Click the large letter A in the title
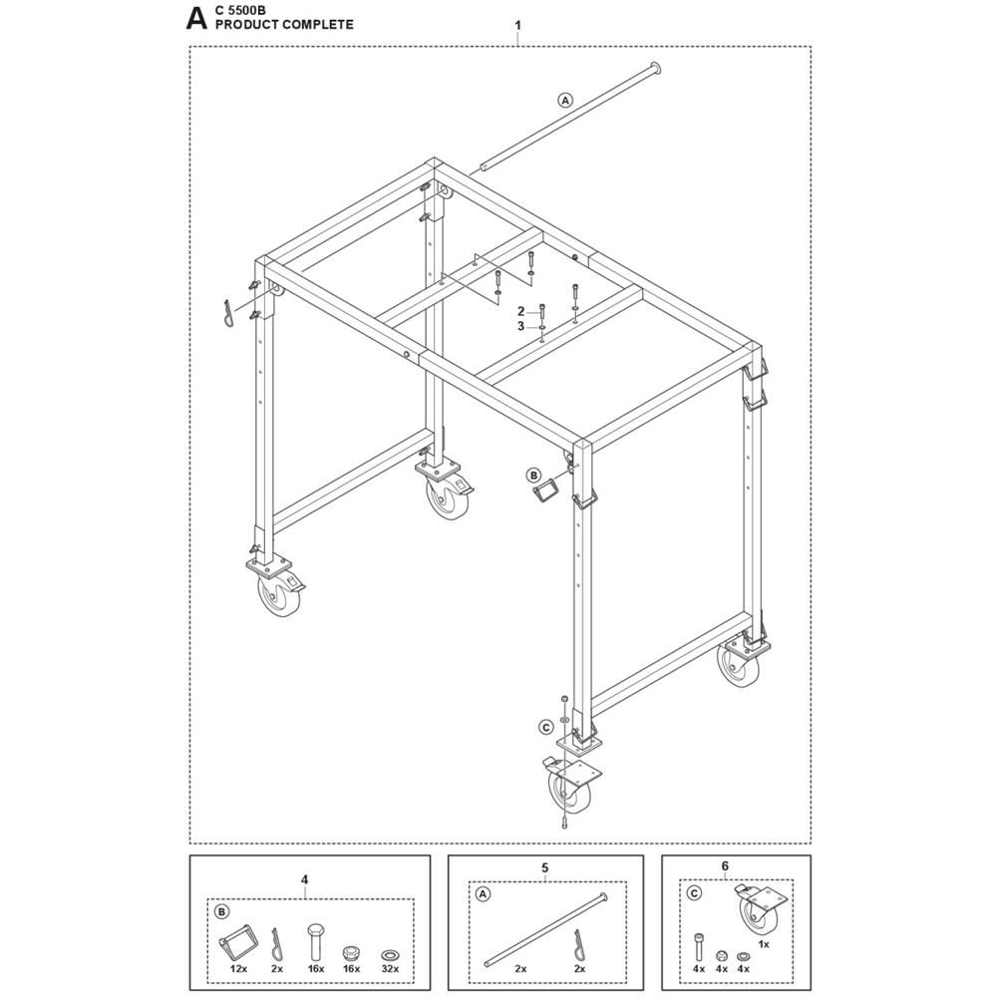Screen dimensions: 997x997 196,18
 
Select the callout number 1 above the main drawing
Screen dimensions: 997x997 518,26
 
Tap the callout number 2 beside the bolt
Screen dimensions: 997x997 520,311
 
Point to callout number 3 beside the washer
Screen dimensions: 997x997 520,326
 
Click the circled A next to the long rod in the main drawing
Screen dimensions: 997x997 564,100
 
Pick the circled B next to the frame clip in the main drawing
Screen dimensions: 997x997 533,475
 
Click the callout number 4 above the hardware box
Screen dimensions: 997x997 304,880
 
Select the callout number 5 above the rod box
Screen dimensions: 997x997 545,868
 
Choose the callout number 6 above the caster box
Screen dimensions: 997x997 725,866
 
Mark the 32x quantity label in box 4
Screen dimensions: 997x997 390,969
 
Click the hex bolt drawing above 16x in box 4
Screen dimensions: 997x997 316,941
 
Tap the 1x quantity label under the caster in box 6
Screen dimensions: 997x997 764,944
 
